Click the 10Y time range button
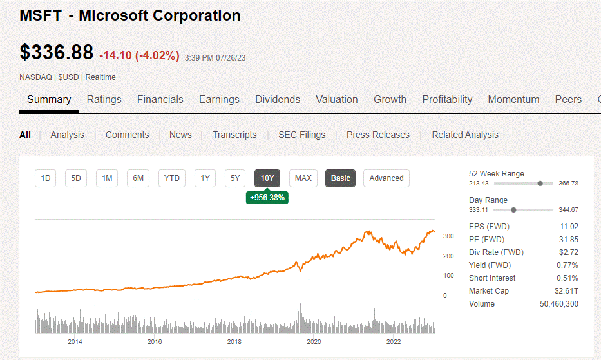point(267,178)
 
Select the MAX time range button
point(303,178)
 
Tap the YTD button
point(172,178)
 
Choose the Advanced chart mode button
point(386,178)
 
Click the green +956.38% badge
point(267,198)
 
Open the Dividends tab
point(278,100)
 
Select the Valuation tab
point(337,100)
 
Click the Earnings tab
point(219,100)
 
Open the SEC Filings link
point(302,135)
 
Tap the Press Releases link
point(378,135)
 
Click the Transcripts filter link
point(234,135)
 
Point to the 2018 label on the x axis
point(234,341)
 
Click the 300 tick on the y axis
point(448,236)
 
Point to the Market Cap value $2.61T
point(566,291)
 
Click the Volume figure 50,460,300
point(559,304)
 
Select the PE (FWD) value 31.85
point(569,239)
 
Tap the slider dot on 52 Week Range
point(540,184)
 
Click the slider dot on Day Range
point(513,210)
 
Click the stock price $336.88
point(56,52)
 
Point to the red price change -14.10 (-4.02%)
point(140,55)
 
